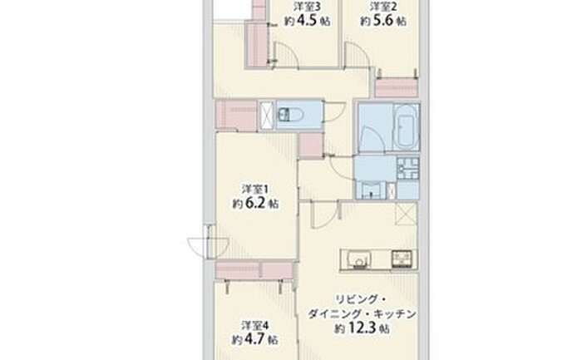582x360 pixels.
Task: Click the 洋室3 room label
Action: tap(307, 7)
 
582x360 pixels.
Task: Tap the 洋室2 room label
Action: tap(383, 7)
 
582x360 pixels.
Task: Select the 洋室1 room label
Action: tap(255, 189)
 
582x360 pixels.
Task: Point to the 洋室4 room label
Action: tap(255, 325)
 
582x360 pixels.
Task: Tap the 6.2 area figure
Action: tap(255, 203)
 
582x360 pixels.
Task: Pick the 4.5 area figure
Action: tap(308, 21)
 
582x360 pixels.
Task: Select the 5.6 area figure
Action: tap(383, 21)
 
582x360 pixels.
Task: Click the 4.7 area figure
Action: tap(255, 339)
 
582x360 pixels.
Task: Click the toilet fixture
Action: tap(291, 114)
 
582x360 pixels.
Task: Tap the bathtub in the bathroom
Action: tap(406, 126)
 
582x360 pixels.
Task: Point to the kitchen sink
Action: tap(358, 259)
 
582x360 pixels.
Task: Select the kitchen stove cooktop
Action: tap(402, 259)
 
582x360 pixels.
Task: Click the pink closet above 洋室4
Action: tap(254, 270)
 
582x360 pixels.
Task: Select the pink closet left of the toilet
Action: tap(236, 116)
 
